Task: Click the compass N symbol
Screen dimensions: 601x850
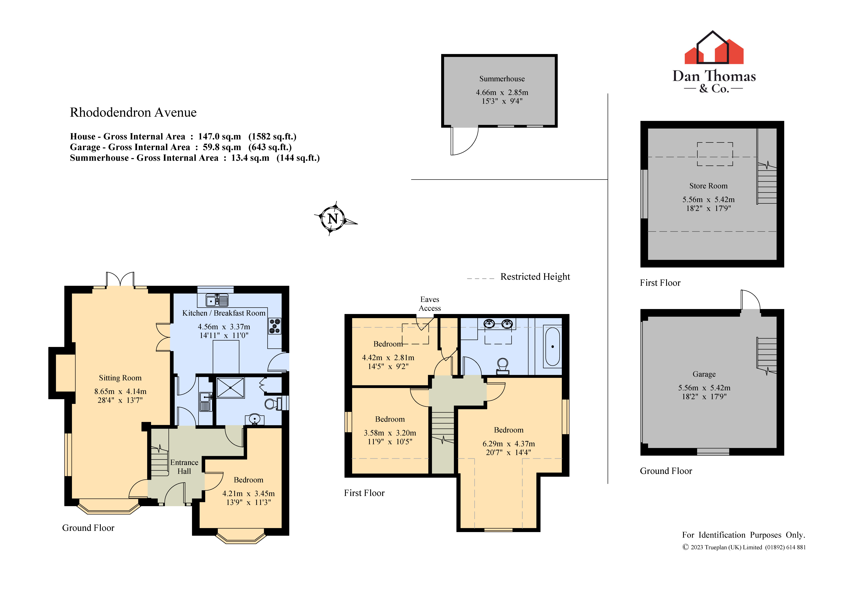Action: coord(333,218)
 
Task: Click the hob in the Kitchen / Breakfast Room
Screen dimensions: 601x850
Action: coord(275,326)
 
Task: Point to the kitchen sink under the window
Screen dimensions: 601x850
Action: coord(217,300)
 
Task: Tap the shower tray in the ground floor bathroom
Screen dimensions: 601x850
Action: coord(230,388)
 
